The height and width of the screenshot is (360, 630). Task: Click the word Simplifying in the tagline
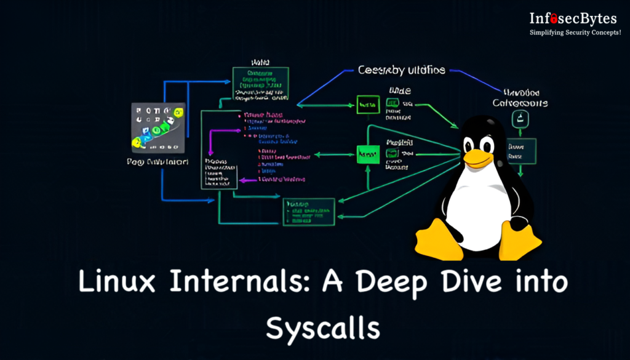coord(546,33)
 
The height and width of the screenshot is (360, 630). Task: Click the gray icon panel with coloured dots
coord(158,127)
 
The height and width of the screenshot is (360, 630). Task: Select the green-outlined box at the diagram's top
coord(260,84)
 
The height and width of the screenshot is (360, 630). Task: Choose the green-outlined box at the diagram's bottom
coord(308,211)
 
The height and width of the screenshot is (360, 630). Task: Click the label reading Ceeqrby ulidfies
coord(402,70)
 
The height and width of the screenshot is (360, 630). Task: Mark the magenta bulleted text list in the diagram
coord(271,148)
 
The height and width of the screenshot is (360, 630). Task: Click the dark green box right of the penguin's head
coord(521,150)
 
